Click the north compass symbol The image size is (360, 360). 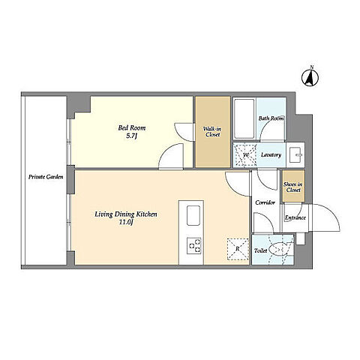pyautogui.click(x=310, y=76)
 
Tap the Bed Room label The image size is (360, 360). pyautogui.click(x=132, y=128)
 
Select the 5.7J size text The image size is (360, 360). pyautogui.click(x=132, y=136)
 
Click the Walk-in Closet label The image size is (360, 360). pyautogui.click(x=212, y=132)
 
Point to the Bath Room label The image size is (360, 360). pyautogui.click(x=271, y=118)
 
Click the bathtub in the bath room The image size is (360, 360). pyautogui.click(x=244, y=118)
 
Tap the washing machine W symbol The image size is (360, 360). pyautogui.click(x=244, y=155)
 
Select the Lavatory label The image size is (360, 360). pyautogui.click(x=271, y=155)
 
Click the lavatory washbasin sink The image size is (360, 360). pyautogui.click(x=295, y=155)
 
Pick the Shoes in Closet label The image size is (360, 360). pyautogui.click(x=293, y=187)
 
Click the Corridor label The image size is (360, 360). pyautogui.click(x=265, y=202)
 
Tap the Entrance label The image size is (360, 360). pyautogui.click(x=295, y=217)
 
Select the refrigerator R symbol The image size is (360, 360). pyautogui.click(x=238, y=249)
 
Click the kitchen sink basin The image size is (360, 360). pyautogui.click(x=193, y=215)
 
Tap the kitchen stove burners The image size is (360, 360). pyautogui.click(x=194, y=245)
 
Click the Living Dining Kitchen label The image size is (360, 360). pyautogui.click(x=126, y=214)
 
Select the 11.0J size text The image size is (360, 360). pyautogui.click(x=126, y=222)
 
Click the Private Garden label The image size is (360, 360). pyautogui.click(x=46, y=177)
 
